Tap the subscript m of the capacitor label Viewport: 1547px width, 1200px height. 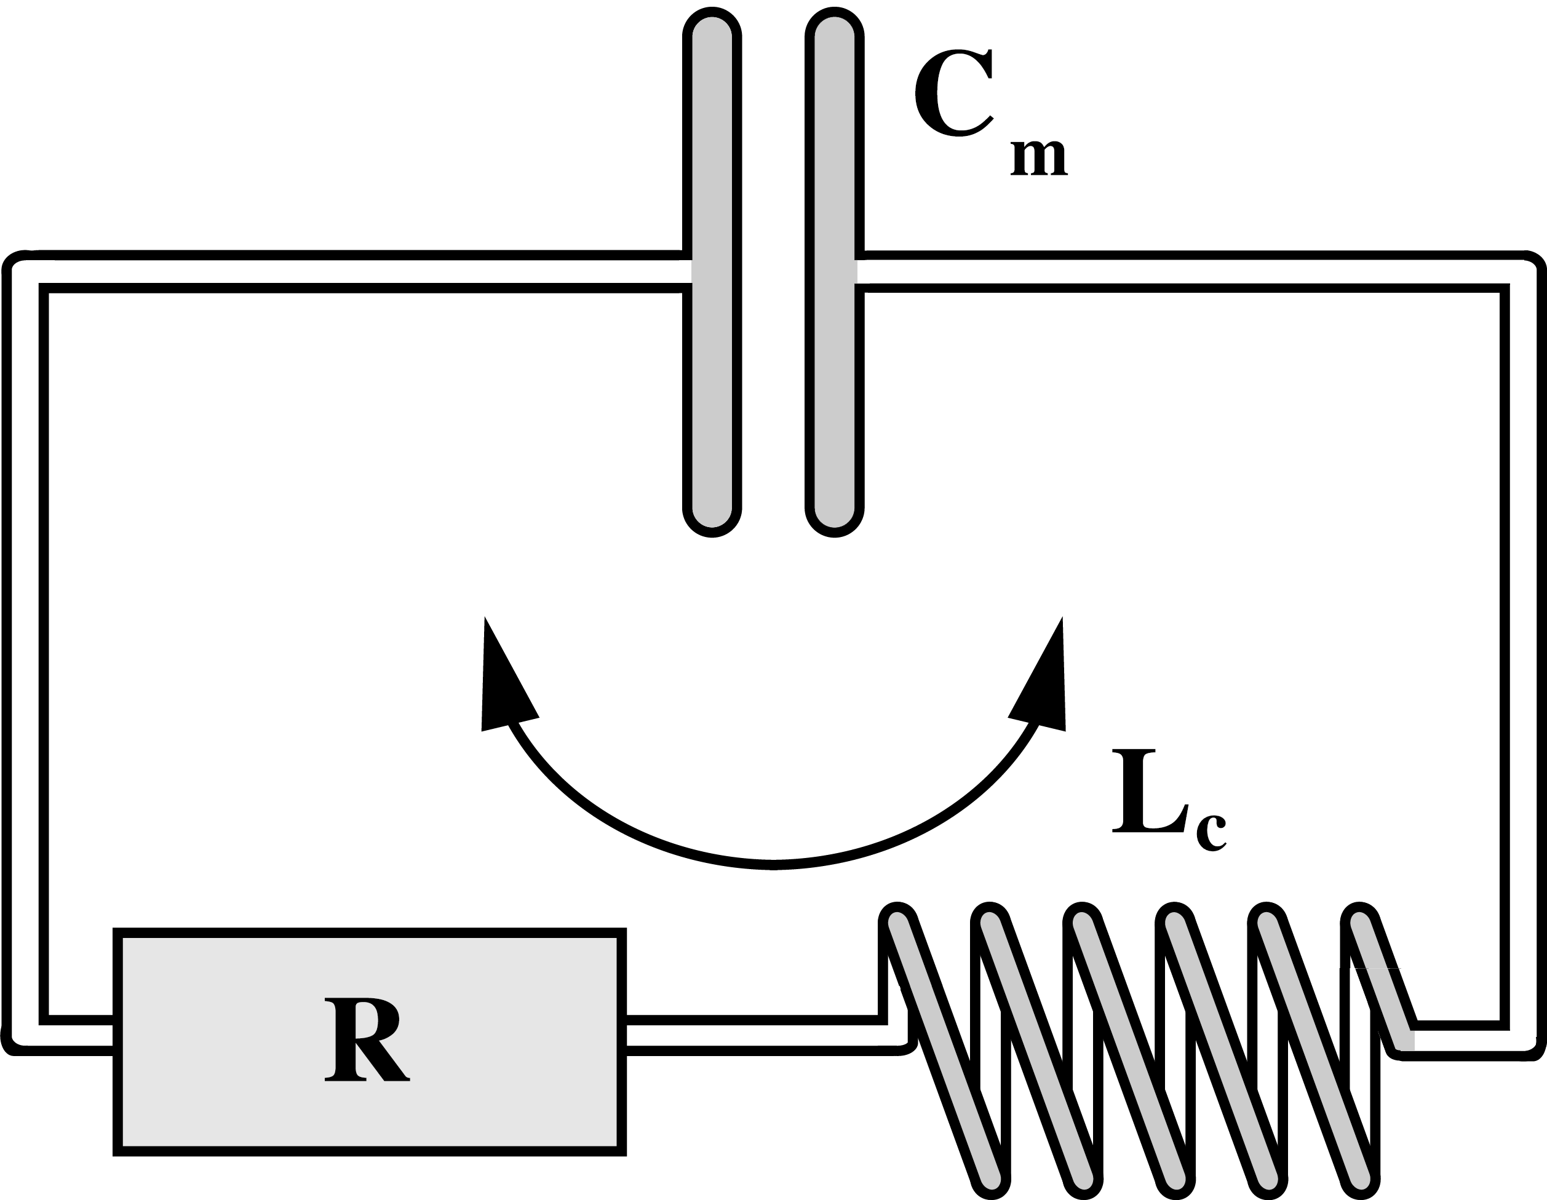[1038, 157]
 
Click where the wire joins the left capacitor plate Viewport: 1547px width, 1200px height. [686, 271]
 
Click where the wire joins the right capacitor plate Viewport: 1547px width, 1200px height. [861, 271]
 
